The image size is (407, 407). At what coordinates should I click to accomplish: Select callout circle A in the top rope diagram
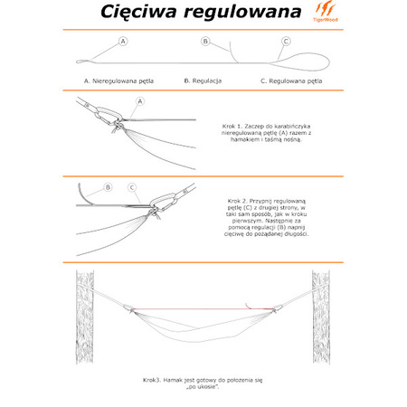pyautogui.click(x=123, y=42)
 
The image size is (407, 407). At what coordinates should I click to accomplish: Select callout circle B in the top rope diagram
pyautogui.click(x=205, y=42)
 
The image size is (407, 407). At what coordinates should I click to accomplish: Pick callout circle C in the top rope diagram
pyautogui.click(x=286, y=42)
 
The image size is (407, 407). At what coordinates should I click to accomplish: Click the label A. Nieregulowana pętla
pyautogui.click(x=118, y=80)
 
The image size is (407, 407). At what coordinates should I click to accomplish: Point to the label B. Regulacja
pyautogui.click(x=203, y=80)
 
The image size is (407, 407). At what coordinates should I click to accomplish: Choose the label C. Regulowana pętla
pyautogui.click(x=291, y=80)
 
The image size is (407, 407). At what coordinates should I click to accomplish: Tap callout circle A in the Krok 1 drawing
pyautogui.click(x=140, y=101)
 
